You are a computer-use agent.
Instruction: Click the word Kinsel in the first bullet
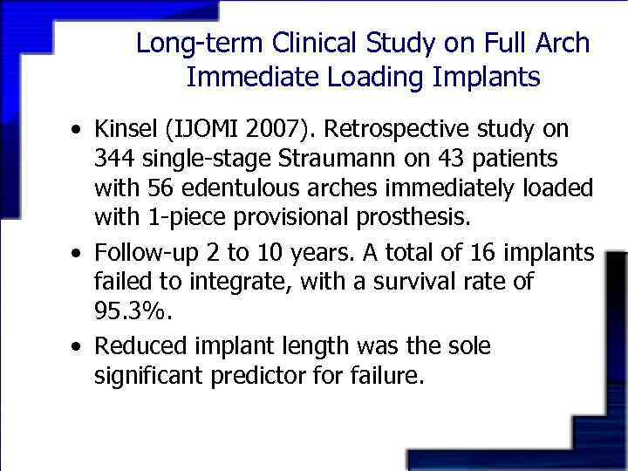pos(124,130)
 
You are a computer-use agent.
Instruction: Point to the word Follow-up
pos(140,254)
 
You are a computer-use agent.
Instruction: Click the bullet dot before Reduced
pos(78,347)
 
